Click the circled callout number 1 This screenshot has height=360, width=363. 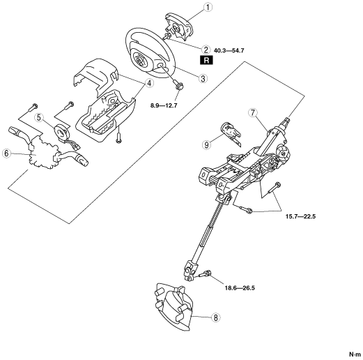coord(208,7)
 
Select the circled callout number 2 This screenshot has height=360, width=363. coord(206,50)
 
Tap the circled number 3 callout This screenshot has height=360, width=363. coord(203,78)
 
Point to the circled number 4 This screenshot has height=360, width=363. coord(149,83)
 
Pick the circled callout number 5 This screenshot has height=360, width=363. coord(39,118)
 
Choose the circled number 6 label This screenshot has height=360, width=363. coord(6,153)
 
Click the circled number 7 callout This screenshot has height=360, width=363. coord(253,112)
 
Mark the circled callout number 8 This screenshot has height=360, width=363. coord(216,317)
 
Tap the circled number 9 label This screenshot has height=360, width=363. coord(206,144)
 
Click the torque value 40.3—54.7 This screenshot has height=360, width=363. coord(229,50)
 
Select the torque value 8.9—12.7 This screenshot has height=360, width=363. coord(164,105)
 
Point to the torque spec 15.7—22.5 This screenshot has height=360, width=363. coord(300,216)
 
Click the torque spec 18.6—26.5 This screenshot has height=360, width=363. coord(240,288)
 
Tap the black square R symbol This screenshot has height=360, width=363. coord(206,60)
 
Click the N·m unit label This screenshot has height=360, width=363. coord(355,354)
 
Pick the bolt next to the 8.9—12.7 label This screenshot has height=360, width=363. coord(178,85)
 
